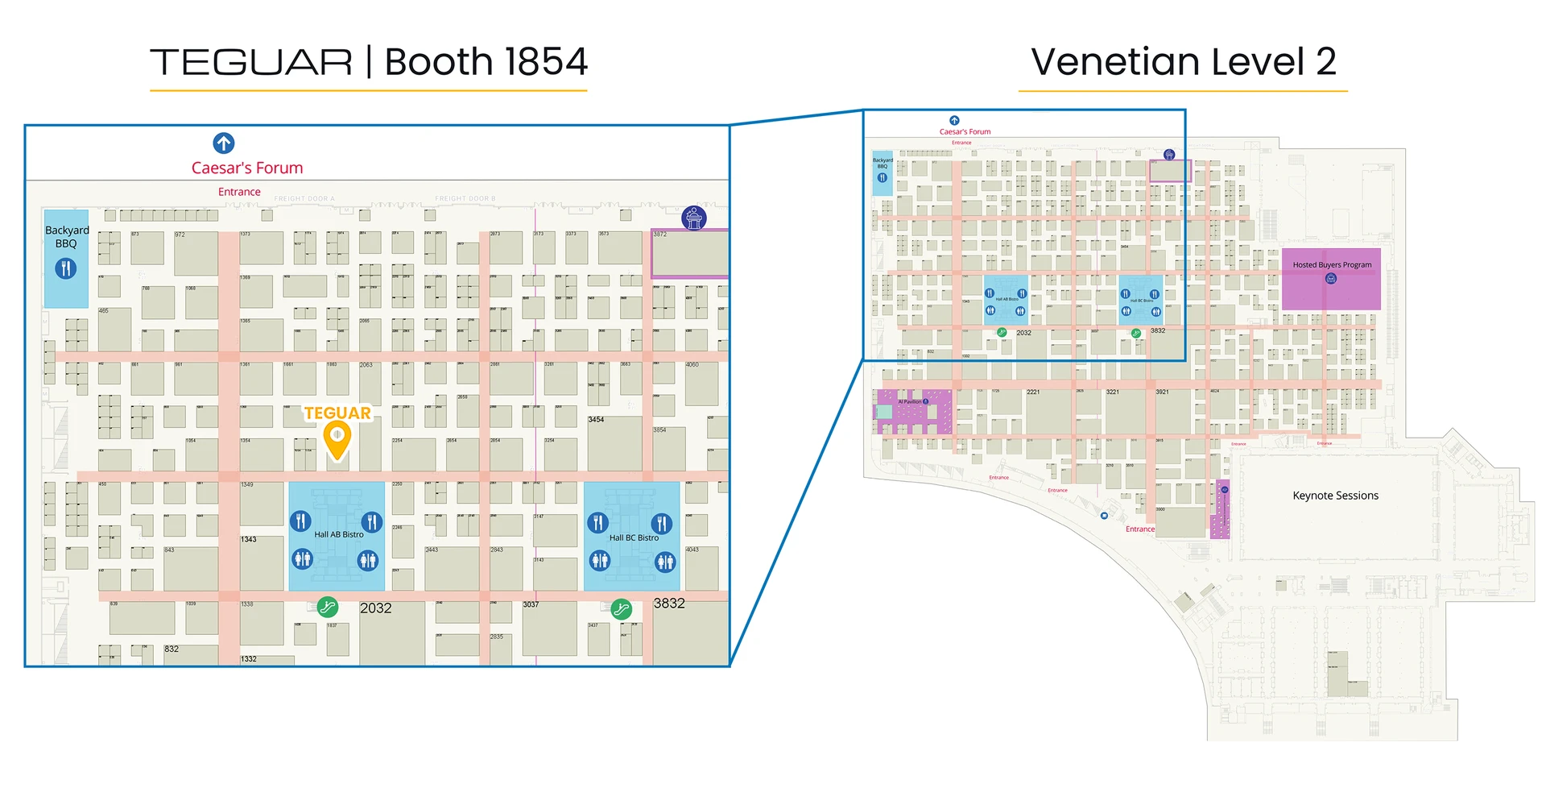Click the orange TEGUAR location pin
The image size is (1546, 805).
tap(337, 438)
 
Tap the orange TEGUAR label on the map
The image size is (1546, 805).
tap(337, 413)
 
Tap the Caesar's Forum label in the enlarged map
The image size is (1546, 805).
tap(247, 168)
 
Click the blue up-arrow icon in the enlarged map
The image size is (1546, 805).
tap(224, 143)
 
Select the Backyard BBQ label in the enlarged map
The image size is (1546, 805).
tap(67, 237)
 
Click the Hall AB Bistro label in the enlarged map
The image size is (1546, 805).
tap(338, 534)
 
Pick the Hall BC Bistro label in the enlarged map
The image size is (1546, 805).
tap(634, 537)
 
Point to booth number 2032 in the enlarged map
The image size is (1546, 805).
tap(375, 608)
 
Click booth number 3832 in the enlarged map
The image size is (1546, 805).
tap(669, 604)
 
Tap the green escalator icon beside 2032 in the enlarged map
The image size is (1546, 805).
tap(327, 607)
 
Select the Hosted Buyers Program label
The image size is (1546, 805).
tap(1332, 264)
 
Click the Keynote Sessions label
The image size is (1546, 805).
tap(1335, 496)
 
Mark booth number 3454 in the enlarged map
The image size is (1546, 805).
tap(596, 420)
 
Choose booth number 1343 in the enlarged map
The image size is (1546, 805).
tap(249, 539)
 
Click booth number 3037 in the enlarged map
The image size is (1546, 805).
tap(531, 604)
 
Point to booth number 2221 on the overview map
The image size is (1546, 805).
tap(1033, 392)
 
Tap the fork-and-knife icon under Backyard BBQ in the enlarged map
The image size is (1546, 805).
tap(66, 268)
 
